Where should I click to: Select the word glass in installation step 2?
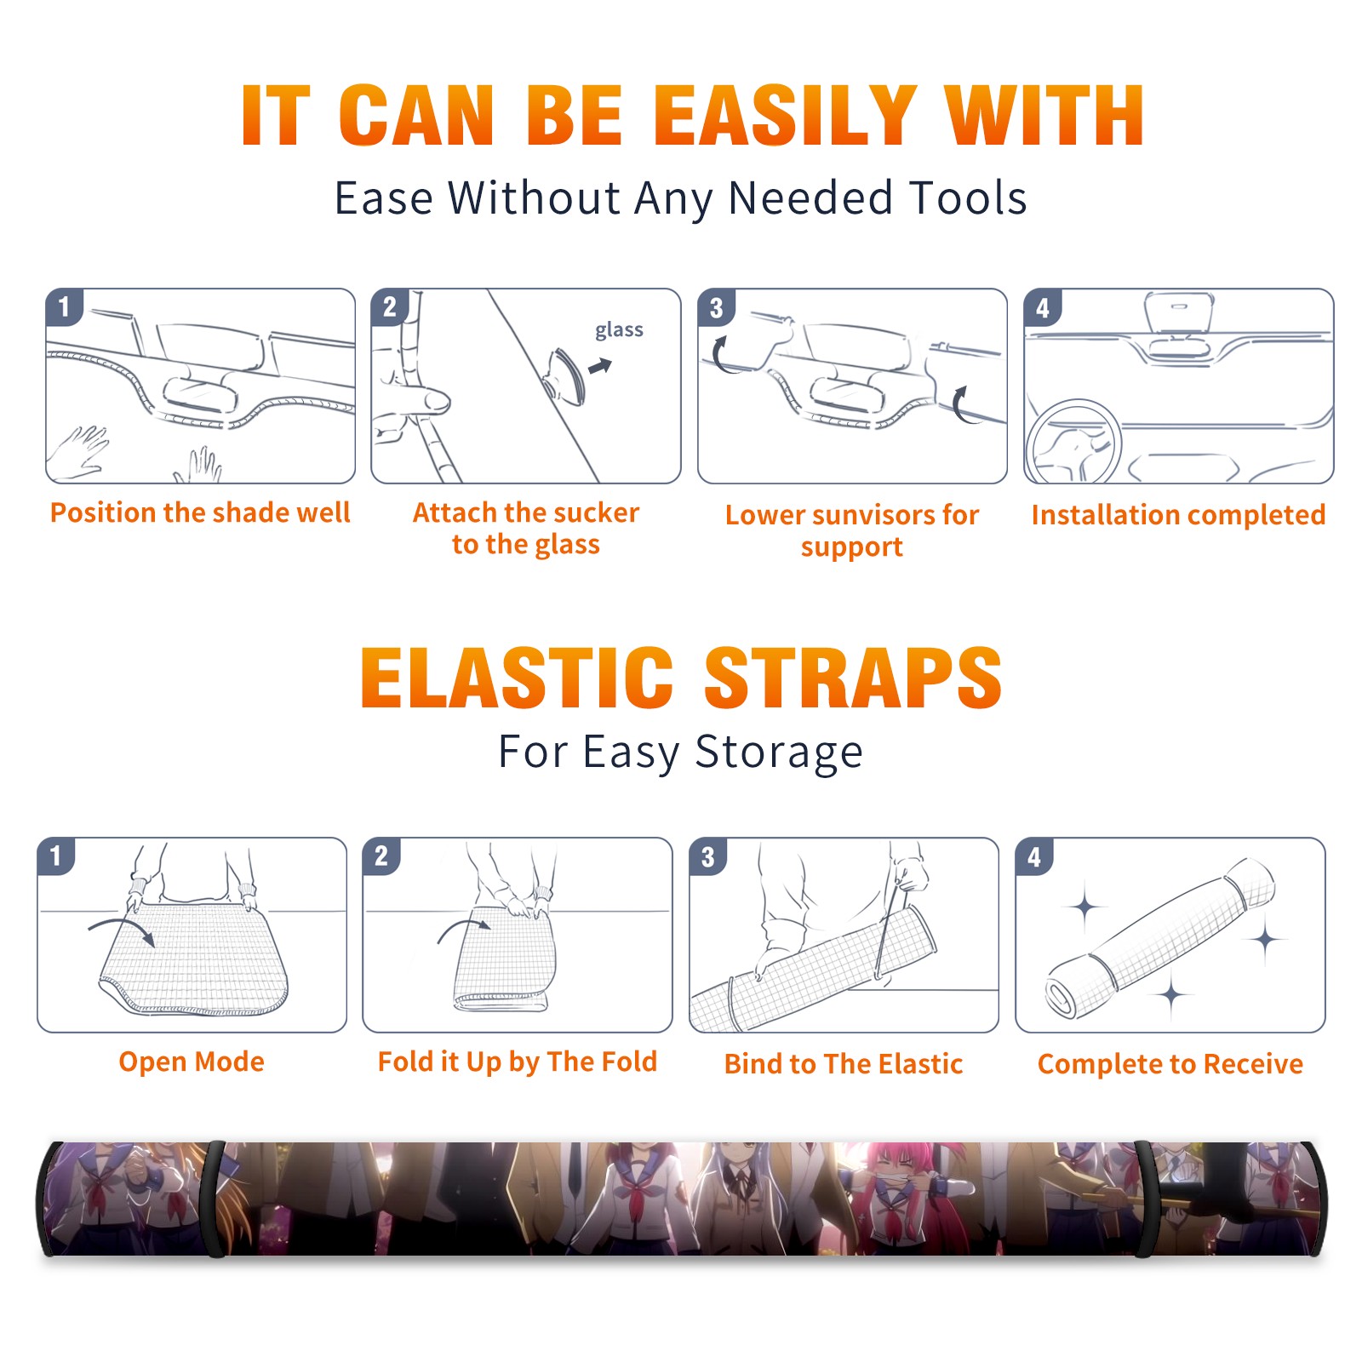[x=619, y=329]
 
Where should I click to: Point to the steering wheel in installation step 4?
[x=1074, y=440]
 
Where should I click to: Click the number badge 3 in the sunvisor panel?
[x=716, y=307]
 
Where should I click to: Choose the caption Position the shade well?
[x=200, y=512]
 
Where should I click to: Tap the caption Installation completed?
[x=1178, y=514]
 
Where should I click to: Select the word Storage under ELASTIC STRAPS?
[x=779, y=753]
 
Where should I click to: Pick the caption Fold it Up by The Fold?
[x=518, y=1062]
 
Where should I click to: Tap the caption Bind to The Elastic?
[x=844, y=1064]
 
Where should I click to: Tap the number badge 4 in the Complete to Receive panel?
[x=1034, y=856]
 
